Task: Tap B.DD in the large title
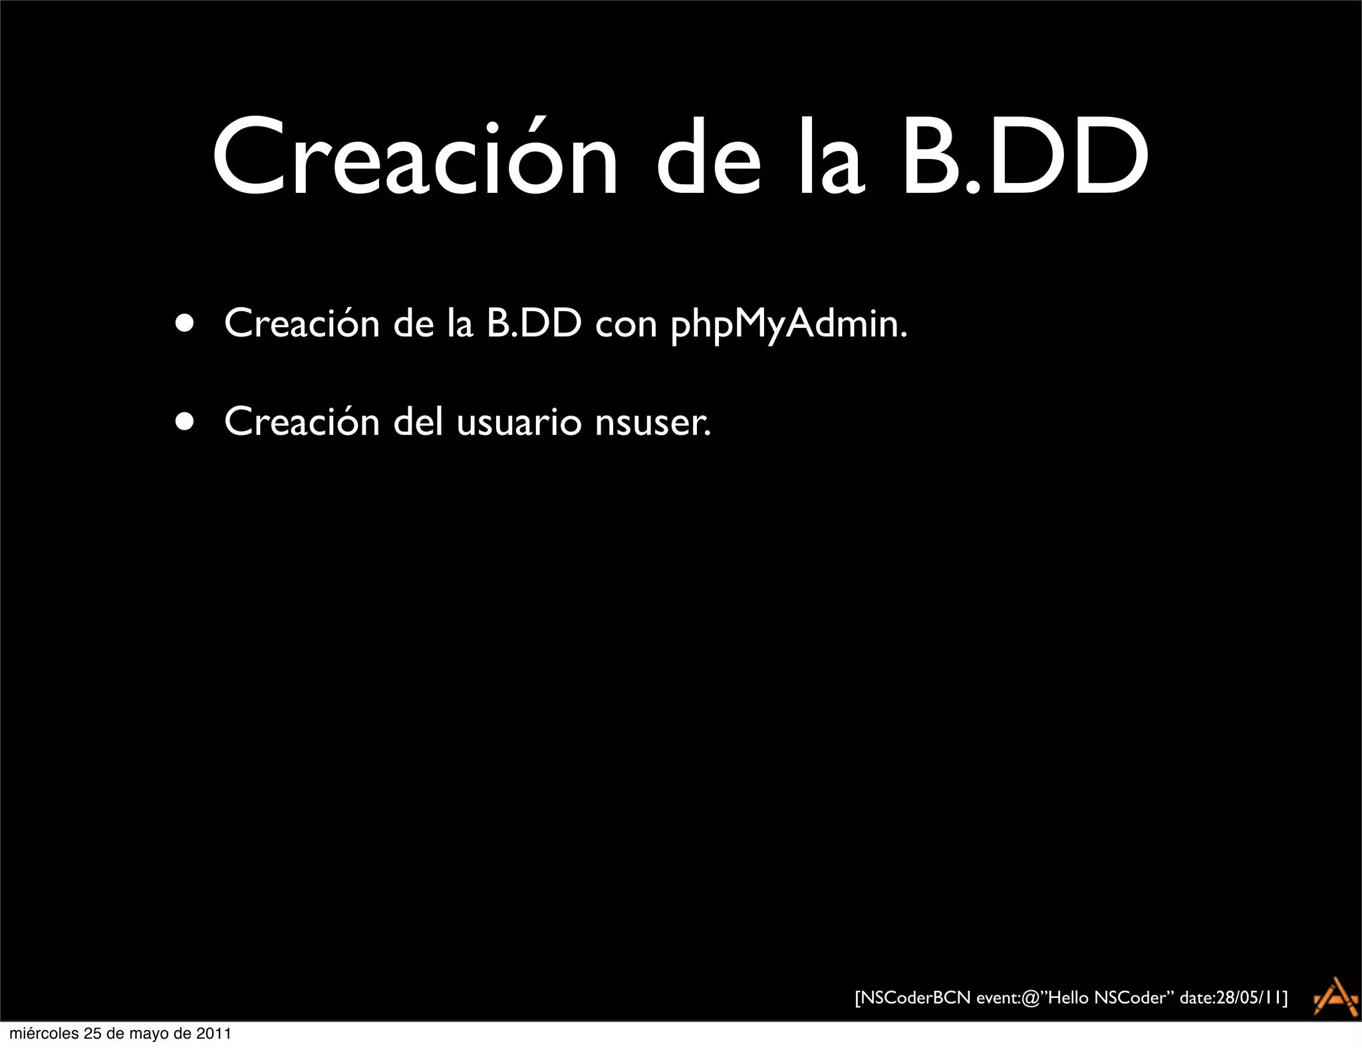(1025, 158)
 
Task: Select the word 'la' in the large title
(831, 158)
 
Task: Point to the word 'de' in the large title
(708, 158)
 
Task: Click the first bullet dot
(186, 324)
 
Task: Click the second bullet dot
(186, 422)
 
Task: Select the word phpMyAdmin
(788, 325)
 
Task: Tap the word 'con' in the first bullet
(626, 325)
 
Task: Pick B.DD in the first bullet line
(534, 323)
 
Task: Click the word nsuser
(652, 423)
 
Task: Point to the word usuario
(519, 423)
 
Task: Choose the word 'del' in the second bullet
(418, 422)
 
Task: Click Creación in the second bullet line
(302, 422)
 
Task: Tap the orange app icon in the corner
(1335, 997)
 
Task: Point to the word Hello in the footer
(1068, 998)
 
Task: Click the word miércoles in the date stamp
(43, 1033)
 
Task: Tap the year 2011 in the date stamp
(213, 1033)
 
